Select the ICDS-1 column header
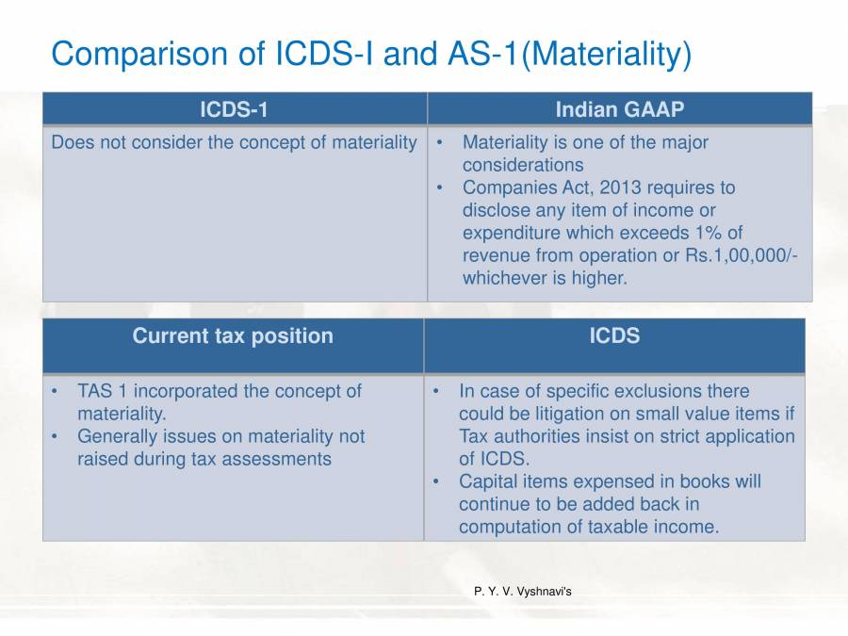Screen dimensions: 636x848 click(234, 109)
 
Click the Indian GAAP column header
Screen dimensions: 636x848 click(619, 109)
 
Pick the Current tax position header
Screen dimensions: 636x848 click(233, 335)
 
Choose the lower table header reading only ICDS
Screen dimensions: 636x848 click(614, 335)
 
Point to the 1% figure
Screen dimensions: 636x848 click(760, 233)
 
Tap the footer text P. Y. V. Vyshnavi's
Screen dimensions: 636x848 click(522, 592)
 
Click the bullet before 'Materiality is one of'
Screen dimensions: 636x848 click(440, 142)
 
